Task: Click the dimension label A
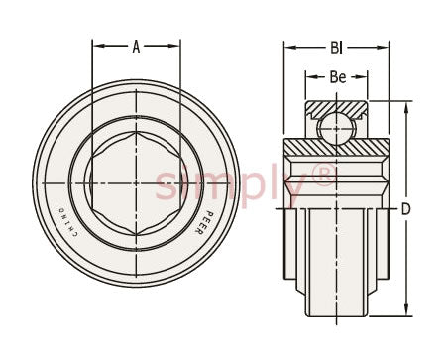tap(136, 47)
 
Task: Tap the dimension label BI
tap(337, 48)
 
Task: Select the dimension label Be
tap(338, 77)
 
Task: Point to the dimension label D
tap(405, 209)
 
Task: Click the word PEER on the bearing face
tap(199, 223)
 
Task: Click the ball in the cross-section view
tap(336, 128)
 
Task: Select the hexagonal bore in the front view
tap(136, 183)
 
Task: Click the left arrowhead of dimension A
tap(99, 46)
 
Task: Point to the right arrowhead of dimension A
tap(173, 46)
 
